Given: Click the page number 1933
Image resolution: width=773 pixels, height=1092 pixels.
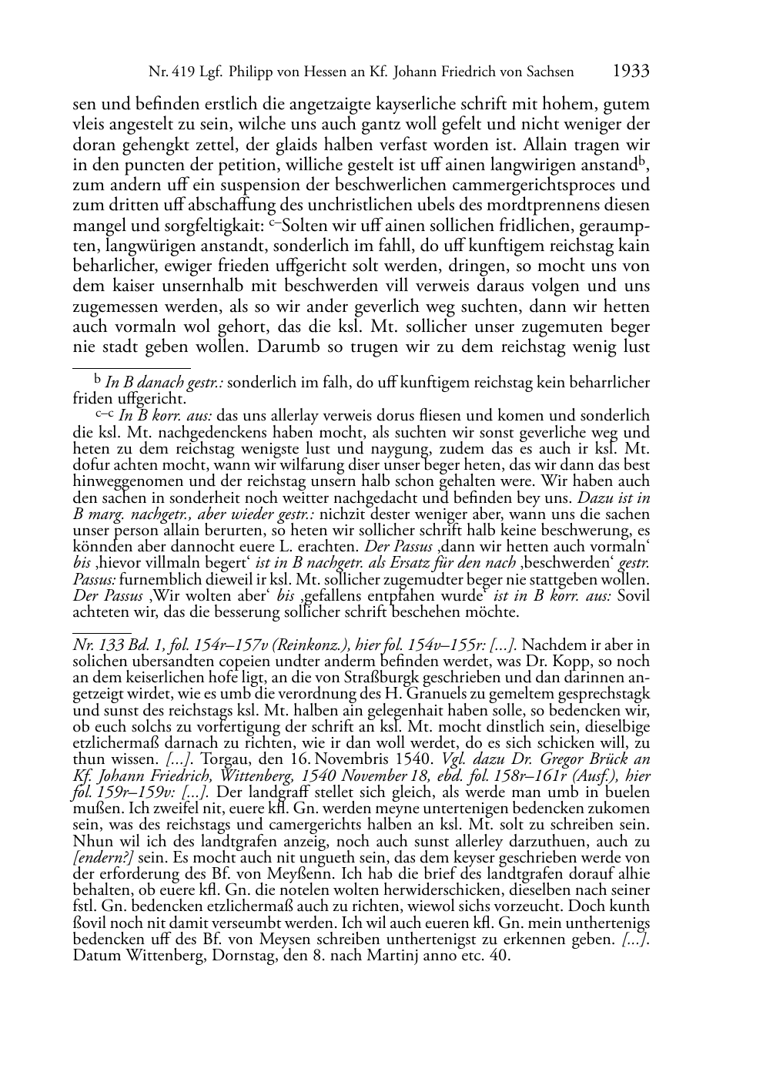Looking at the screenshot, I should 631,71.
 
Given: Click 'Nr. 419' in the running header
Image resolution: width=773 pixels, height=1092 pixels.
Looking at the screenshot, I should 169,72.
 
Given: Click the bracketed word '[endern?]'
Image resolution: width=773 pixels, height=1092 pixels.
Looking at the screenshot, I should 104,857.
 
